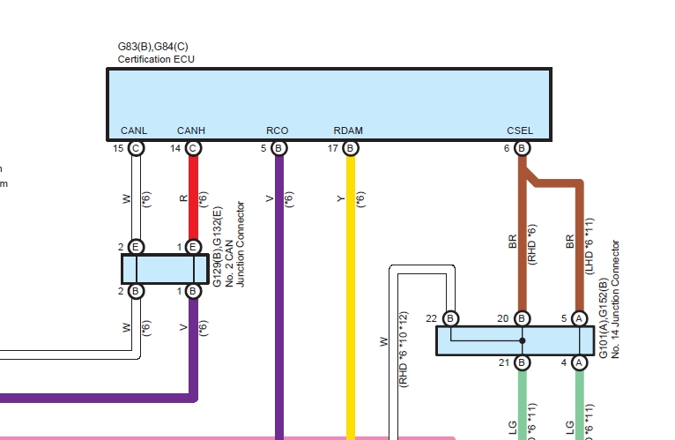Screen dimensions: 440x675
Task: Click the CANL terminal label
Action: (134, 131)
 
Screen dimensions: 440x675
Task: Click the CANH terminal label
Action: (191, 131)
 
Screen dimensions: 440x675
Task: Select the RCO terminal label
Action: (278, 131)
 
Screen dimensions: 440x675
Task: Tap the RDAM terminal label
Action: (348, 131)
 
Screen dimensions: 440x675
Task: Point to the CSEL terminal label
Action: (520, 131)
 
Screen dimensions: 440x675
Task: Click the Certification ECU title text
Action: (156, 59)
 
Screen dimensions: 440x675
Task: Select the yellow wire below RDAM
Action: (350, 265)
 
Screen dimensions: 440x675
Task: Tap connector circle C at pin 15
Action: (136, 148)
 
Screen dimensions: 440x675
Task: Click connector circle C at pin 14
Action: (193, 148)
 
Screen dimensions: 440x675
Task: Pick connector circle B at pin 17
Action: (350, 148)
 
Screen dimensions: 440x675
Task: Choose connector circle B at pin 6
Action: (522, 148)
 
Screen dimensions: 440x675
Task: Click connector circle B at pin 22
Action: (450, 317)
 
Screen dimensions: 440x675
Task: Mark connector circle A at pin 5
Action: (579, 317)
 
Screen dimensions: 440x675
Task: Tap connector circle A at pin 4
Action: (579, 362)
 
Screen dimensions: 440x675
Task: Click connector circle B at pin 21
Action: (522, 362)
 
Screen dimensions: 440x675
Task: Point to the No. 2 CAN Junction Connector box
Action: (164, 268)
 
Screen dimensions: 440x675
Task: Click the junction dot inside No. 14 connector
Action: (522, 340)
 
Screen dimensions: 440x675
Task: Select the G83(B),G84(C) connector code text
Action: (155, 46)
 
